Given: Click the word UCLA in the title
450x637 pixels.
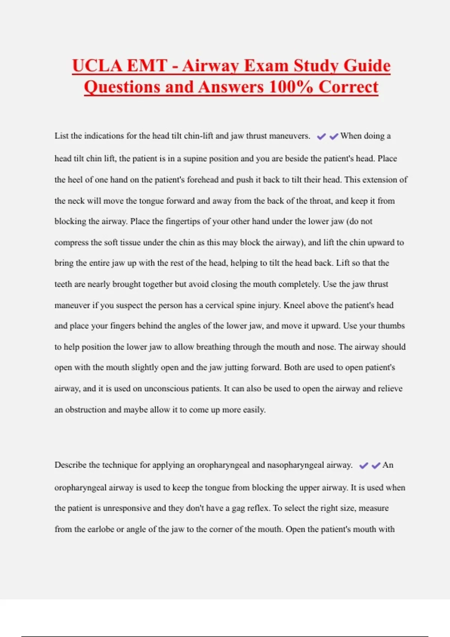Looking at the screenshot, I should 97,66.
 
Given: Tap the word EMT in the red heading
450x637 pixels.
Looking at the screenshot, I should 147,66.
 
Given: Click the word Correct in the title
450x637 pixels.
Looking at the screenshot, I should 348,87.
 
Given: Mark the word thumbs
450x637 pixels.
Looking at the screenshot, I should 391,326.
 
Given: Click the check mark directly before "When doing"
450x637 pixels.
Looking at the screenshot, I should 334,136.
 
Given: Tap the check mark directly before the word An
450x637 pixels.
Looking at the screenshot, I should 376,465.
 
